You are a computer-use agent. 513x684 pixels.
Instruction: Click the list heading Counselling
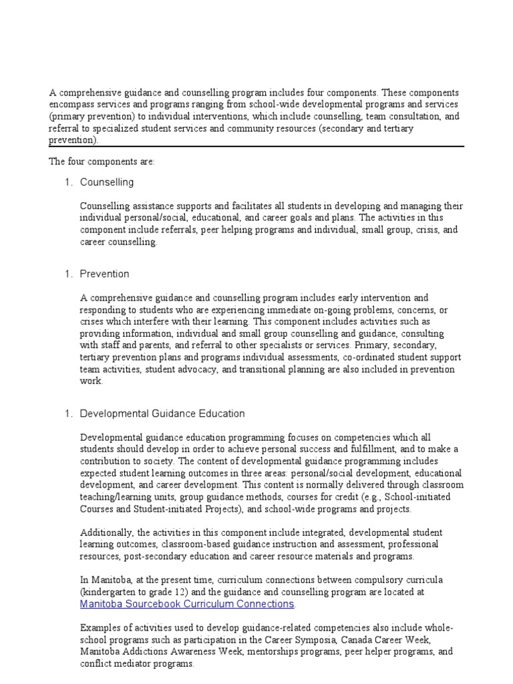107,182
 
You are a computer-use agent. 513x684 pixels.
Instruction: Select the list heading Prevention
105,274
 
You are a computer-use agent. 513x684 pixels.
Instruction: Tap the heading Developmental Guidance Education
162,413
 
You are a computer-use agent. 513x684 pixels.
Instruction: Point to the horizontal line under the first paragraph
256,147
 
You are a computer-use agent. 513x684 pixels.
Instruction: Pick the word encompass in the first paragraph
71,104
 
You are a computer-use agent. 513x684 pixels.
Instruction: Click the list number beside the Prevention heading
67,274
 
